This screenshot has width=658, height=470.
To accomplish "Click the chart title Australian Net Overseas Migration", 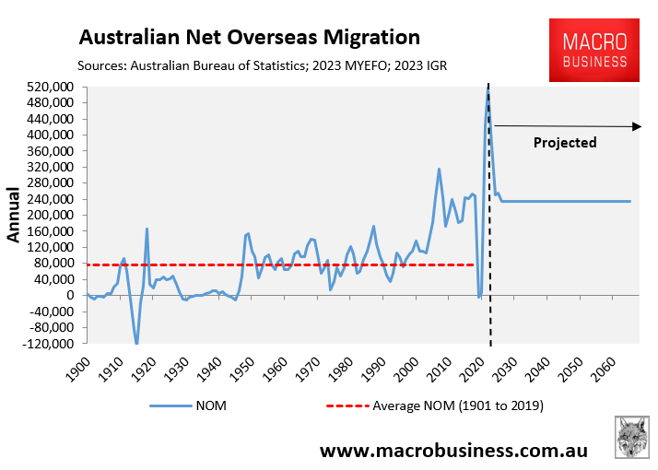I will (x=249, y=38).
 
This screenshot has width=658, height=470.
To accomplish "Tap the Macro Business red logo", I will (x=595, y=52).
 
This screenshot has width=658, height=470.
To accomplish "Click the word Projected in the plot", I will (x=565, y=143).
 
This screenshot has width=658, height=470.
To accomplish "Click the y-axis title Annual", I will (x=16, y=215).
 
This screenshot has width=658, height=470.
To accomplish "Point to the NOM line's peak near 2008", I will (x=439, y=169).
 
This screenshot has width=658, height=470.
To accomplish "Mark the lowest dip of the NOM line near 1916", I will (x=136, y=344).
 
